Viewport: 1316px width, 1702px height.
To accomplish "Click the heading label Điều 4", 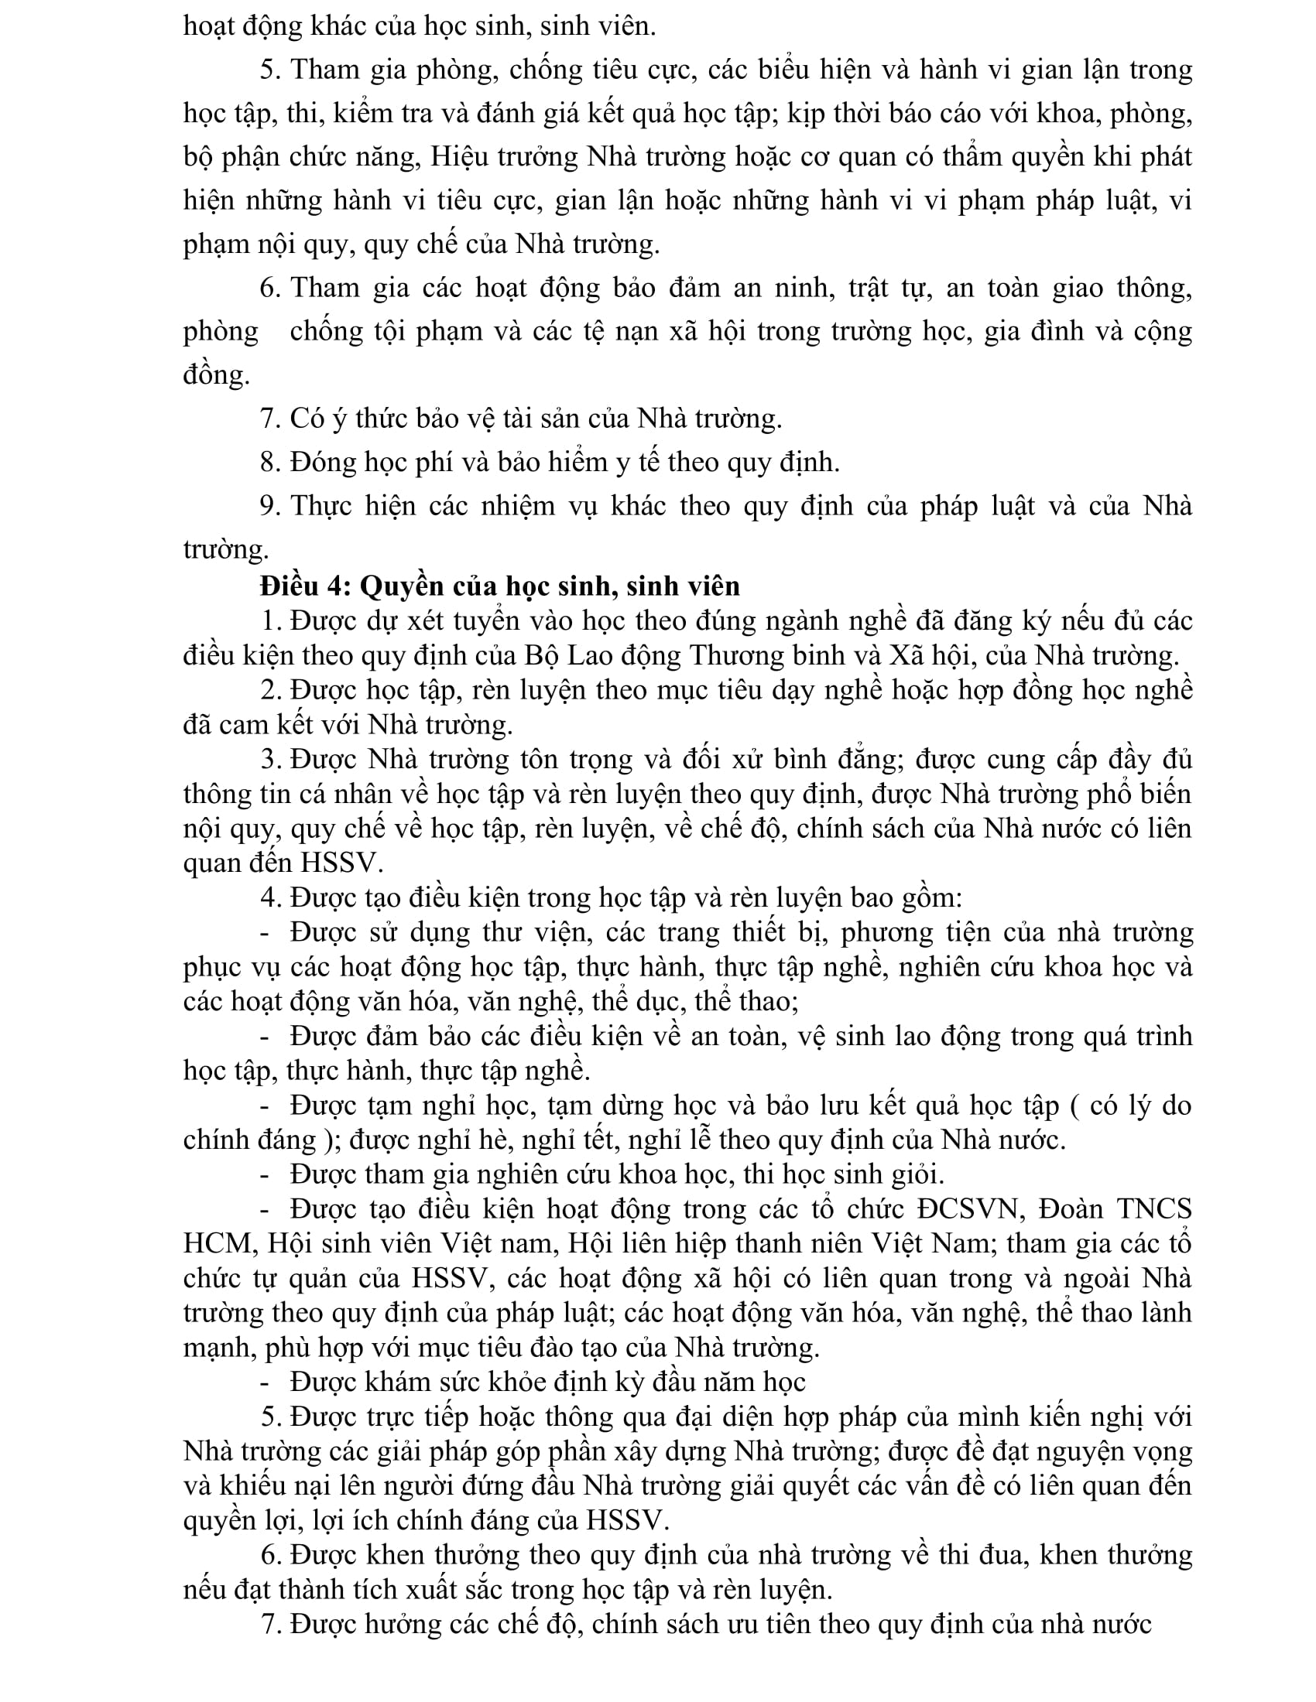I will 307,586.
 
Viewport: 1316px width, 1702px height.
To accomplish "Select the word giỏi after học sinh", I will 918,1174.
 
